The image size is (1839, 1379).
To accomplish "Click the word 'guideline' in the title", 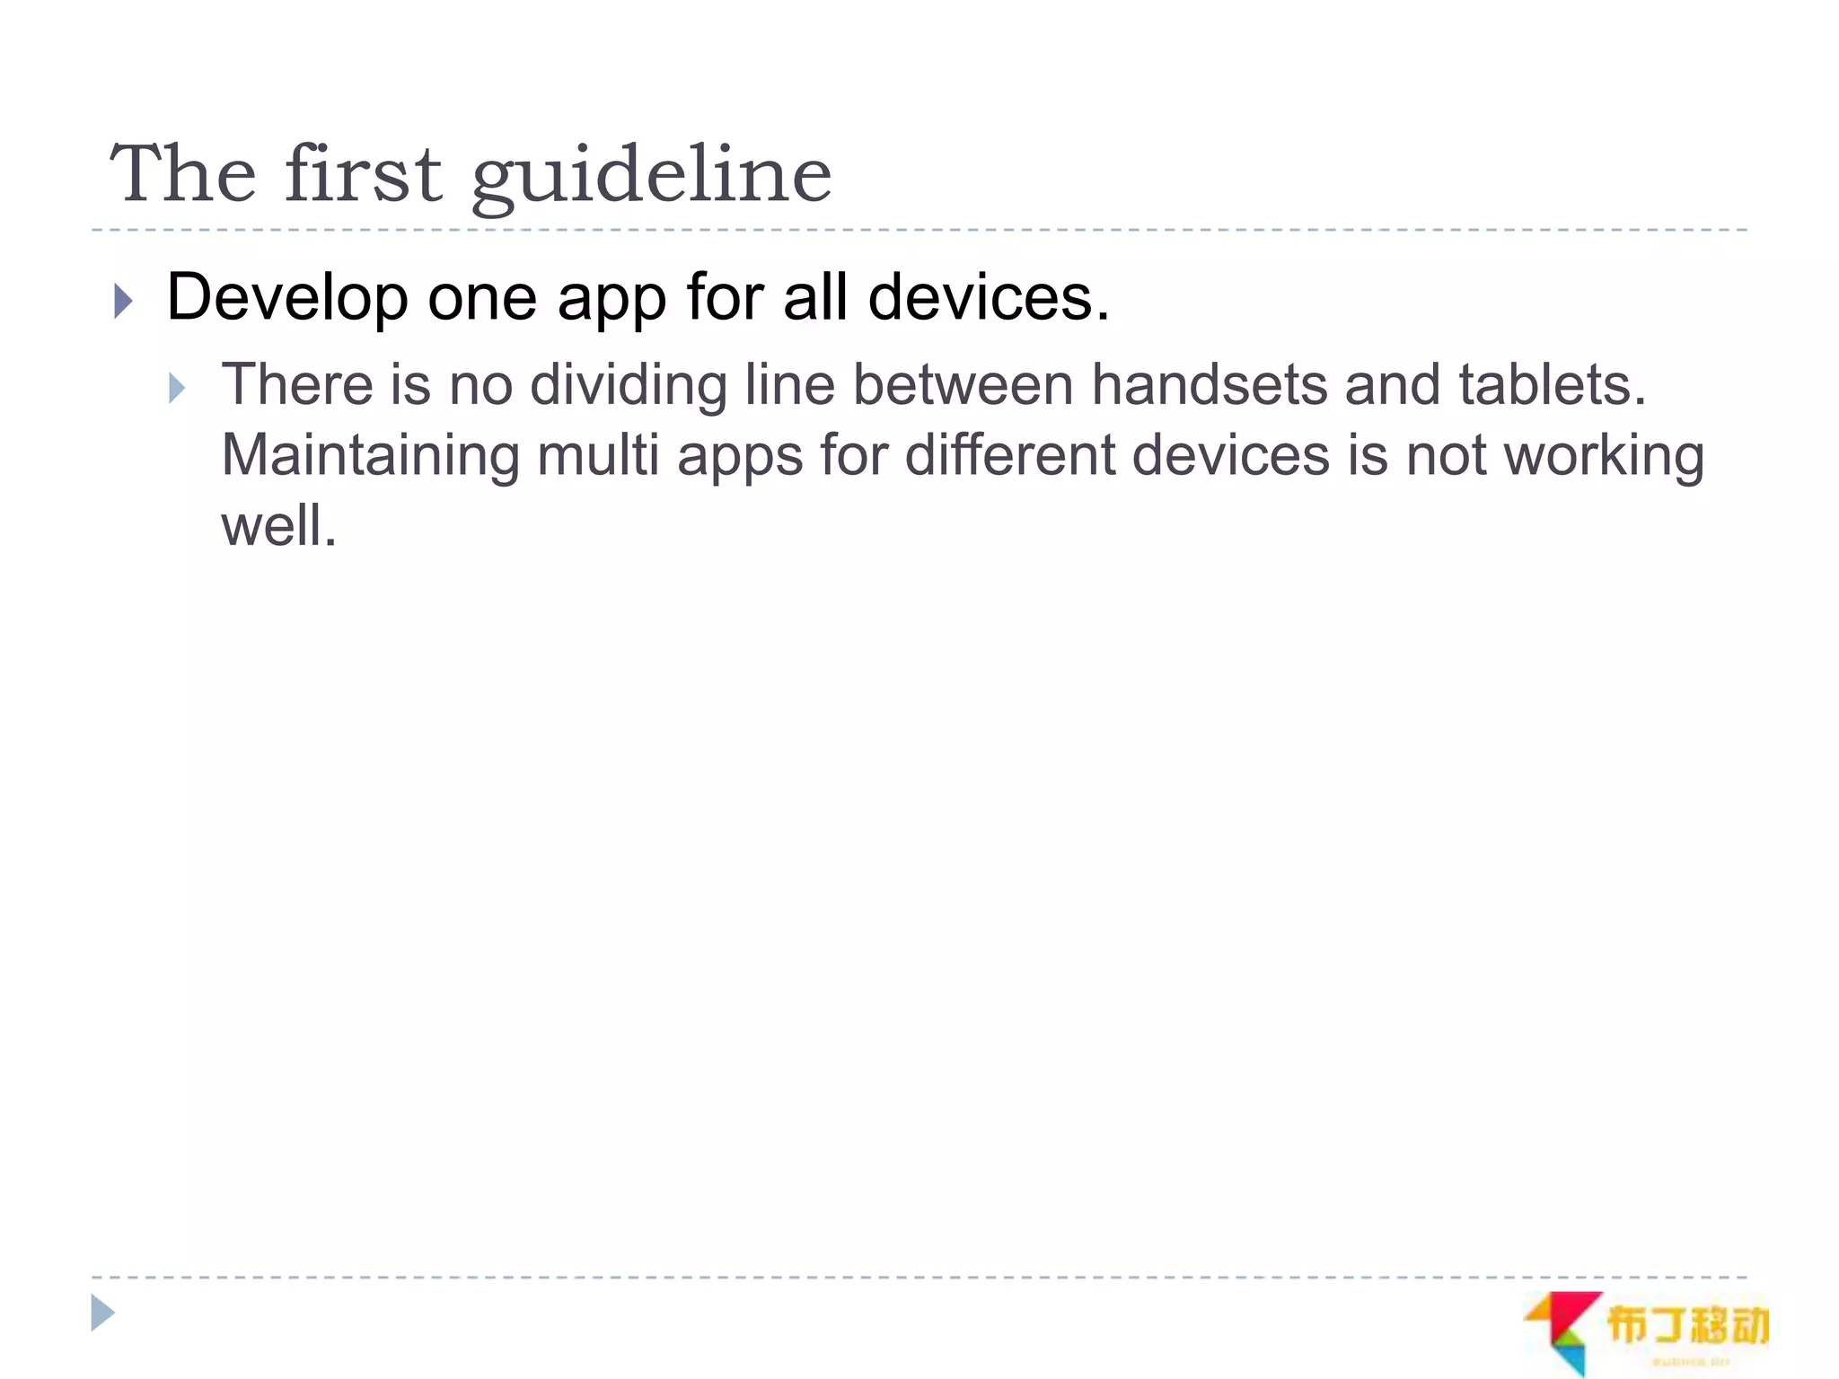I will click(x=651, y=174).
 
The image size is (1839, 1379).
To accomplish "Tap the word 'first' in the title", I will click(x=363, y=174).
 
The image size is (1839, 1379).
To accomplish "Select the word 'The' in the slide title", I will click(x=183, y=174).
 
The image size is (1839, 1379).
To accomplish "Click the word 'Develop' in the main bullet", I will click(x=287, y=298).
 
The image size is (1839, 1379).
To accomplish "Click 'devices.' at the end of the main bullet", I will click(x=989, y=298).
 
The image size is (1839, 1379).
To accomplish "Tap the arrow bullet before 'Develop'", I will click(x=124, y=301).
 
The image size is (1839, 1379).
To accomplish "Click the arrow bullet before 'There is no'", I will click(x=177, y=389).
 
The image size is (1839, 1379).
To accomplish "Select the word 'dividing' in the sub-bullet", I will click(x=628, y=386).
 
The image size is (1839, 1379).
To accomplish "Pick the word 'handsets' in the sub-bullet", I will click(x=1208, y=386).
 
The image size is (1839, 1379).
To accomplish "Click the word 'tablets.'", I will click(x=1552, y=386).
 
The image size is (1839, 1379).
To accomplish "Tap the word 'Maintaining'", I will click(x=370, y=456).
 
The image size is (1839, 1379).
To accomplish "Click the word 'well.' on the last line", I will click(x=278, y=526).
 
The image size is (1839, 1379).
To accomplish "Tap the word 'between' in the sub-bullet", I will click(x=963, y=386).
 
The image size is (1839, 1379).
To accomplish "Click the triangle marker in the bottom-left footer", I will click(x=102, y=1313).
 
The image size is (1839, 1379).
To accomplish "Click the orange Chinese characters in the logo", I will click(x=1686, y=1325).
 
